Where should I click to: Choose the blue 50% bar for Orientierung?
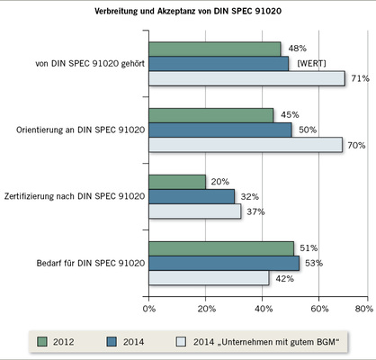tap(219, 130)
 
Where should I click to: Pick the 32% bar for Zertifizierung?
tap(192, 196)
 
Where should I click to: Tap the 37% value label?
tap(255, 211)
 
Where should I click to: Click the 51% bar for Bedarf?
tap(221, 248)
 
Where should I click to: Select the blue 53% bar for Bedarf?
tap(224, 263)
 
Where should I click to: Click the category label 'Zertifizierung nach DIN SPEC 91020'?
tap(75, 196)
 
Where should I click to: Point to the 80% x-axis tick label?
tap(363, 308)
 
